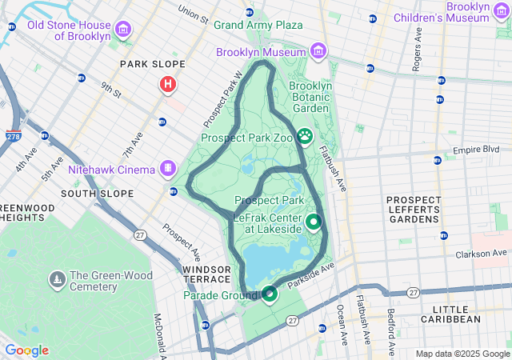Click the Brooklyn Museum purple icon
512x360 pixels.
tap(318, 52)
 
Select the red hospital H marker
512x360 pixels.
tap(168, 84)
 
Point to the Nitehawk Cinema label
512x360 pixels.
tap(111, 170)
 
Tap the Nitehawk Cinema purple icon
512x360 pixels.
tap(167, 169)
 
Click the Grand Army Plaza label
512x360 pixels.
tap(258, 25)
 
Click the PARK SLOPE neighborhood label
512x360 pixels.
tap(152, 64)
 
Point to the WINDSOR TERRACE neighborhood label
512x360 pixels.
tap(206, 275)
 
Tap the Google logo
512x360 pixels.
tap(26, 350)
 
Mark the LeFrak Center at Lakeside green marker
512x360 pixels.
tap(314, 222)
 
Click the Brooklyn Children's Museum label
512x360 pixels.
tap(456, 11)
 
